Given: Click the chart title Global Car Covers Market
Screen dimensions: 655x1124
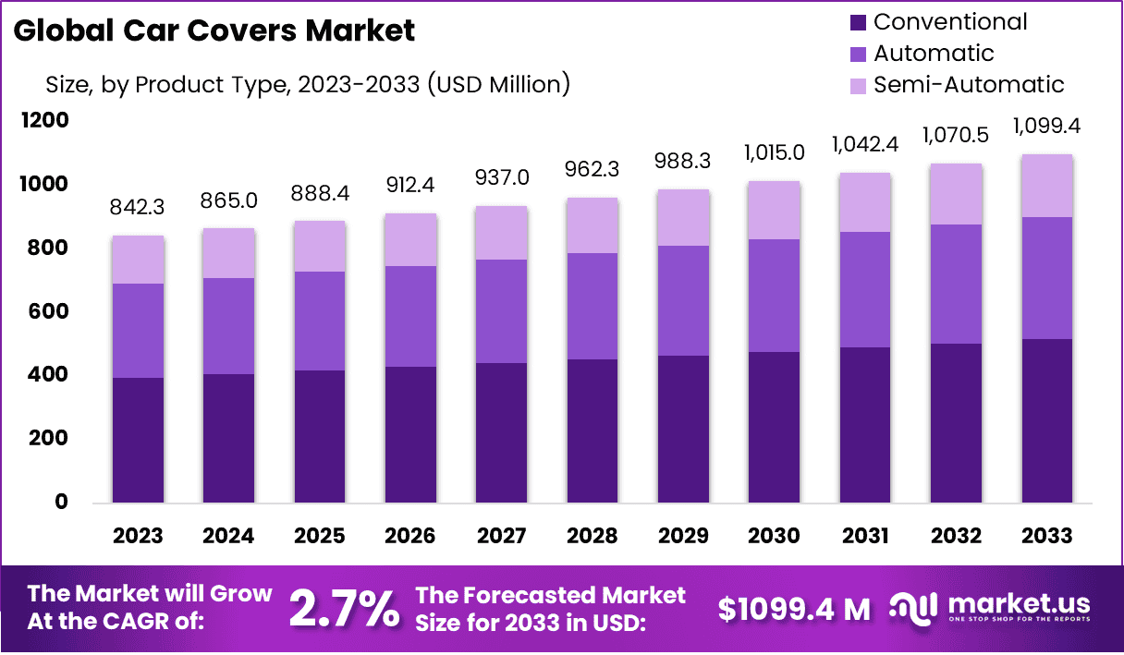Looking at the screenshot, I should point(214,30).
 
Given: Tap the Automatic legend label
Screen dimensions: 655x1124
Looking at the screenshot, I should point(934,53).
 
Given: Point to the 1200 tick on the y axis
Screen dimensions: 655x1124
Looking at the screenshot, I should point(47,121).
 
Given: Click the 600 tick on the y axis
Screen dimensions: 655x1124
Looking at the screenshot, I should point(50,311).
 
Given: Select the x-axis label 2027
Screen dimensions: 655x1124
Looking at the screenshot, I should point(501,536).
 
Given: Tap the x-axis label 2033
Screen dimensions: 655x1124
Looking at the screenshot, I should point(1046,536).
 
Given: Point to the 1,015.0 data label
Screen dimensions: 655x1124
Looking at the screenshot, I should point(773,152).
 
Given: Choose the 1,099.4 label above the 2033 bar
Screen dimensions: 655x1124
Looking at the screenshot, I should point(1046,126).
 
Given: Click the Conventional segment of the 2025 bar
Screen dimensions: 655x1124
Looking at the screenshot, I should point(320,436).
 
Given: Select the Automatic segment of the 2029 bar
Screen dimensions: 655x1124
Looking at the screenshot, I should point(682,300).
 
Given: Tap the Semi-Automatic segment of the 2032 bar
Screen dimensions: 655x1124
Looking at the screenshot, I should point(956,194).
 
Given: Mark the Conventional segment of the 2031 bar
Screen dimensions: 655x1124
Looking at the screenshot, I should point(864,425).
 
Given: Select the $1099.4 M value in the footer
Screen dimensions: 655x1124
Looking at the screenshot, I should point(794,609).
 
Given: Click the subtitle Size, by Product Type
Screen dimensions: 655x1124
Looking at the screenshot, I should point(308,85).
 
